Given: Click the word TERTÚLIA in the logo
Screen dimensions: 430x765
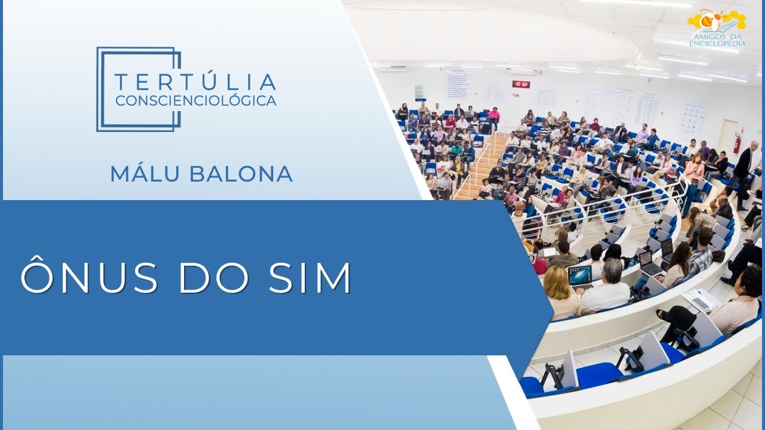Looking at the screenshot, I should point(195,82).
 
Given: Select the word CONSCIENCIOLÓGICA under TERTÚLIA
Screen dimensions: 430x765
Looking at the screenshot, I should point(195,100).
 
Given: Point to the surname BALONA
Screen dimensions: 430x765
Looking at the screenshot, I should point(242,173).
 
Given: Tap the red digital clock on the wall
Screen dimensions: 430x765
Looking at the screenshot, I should point(521,84).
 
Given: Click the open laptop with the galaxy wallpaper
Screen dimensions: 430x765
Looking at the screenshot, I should point(580,275).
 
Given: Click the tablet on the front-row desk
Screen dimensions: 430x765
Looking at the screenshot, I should point(699,299).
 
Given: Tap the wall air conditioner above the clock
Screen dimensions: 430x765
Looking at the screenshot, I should point(521,71).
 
